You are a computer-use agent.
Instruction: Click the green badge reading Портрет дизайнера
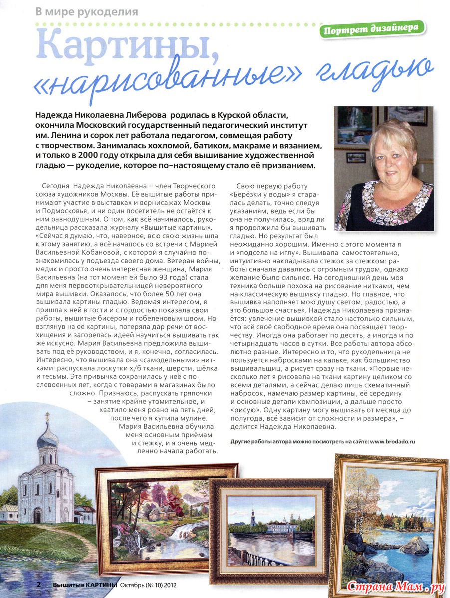372,29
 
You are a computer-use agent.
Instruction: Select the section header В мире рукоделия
87,11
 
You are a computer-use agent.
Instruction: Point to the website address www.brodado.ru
393,441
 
